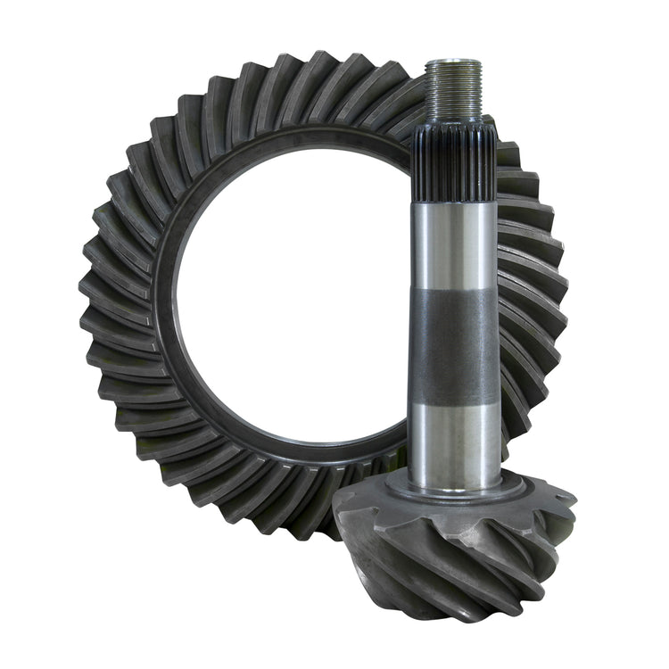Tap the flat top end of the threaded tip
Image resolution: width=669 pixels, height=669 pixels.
click(x=454, y=62)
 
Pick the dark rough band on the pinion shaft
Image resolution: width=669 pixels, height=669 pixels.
click(x=454, y=348)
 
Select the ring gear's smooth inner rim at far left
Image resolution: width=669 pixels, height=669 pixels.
click(x=166, y=294)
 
